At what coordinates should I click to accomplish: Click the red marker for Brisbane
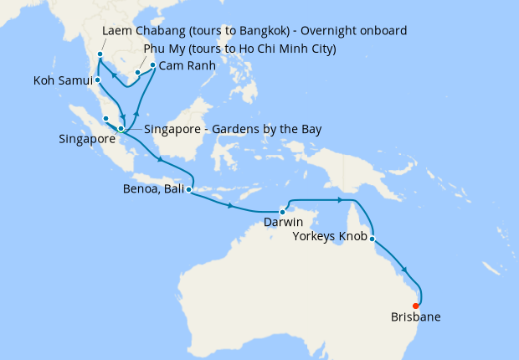(416, 306)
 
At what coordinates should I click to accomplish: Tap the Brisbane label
(415, 317)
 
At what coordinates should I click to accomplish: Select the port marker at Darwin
(283, 212)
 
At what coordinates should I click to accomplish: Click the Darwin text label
(283, 224)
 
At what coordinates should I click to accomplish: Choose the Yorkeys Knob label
(328, 238)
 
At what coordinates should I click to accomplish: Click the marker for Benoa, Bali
(189, 190)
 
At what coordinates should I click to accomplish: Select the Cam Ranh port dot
(153, 64)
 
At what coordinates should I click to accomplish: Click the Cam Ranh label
(189, 65)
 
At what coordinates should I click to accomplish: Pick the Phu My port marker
(137, 73)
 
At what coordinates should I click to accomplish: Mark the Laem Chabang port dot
(100, 54)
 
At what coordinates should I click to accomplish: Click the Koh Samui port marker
(98, 80)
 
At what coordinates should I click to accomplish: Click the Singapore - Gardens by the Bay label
(233, 129)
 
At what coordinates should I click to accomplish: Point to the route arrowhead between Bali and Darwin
(230, 205)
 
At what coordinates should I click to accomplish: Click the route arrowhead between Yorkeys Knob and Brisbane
(406, 270)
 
